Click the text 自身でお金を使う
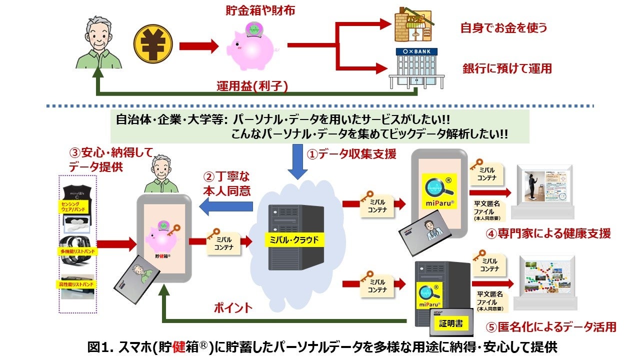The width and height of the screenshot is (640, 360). pos(504,27)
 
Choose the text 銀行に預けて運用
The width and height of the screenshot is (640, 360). pos(506,68)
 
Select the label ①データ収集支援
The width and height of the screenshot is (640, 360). pos(351,154)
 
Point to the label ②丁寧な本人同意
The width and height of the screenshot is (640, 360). pos(226,183)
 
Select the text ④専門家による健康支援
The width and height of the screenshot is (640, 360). pos(548,233)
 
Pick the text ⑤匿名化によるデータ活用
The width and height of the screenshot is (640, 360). pos(551,327)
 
